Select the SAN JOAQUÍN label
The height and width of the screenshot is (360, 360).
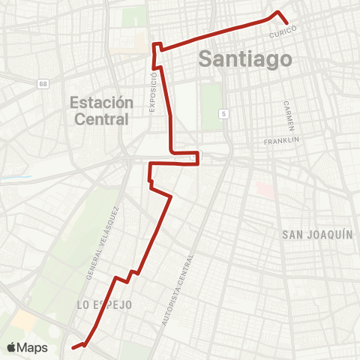317,235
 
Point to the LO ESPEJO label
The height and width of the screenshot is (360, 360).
104,304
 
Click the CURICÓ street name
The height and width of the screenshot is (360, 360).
283,30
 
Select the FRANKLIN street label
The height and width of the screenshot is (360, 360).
282,141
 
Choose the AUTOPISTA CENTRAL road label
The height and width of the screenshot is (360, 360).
178,289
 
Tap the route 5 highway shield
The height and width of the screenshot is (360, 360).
223,113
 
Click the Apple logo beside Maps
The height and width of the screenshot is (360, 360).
13,347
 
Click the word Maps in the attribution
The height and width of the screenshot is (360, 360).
34,347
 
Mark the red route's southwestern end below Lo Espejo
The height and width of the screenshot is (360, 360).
73,347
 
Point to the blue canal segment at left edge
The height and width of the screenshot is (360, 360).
13,178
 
